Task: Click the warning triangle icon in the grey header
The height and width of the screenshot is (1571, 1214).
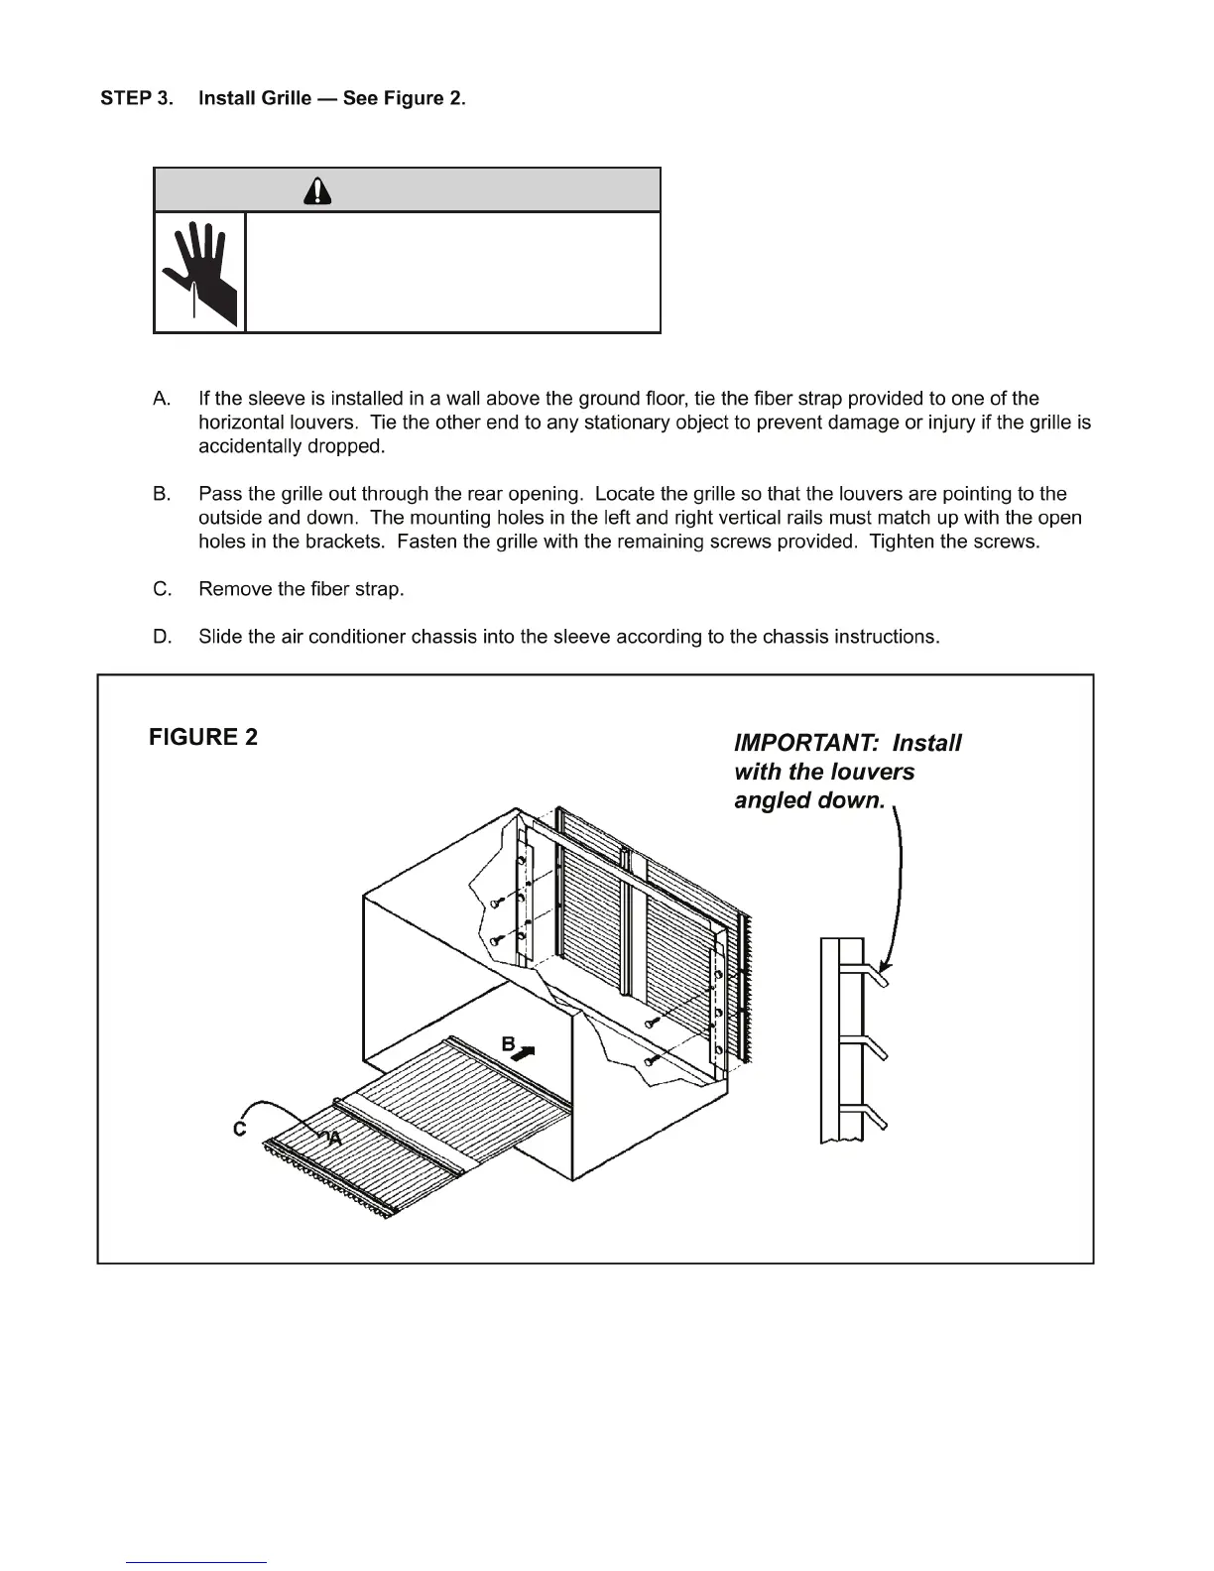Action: click(317, 189)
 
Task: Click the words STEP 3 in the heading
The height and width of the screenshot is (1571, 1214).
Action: click(136, 98)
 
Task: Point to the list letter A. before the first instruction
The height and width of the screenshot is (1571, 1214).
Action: click(163, 399)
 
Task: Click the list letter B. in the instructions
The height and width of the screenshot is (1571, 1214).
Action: click(163, 494)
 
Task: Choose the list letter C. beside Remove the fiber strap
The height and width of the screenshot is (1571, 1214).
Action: click(163, 589)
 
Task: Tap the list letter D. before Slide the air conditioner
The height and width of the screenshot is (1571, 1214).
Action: click(163, 637)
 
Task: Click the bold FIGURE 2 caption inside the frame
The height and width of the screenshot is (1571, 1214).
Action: click(203, 737)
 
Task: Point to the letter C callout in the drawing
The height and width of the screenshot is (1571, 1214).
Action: click(239, 1129)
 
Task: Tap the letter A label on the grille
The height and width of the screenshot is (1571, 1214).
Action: click(334, 1140)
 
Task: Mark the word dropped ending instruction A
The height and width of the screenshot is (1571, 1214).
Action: click(349, 446)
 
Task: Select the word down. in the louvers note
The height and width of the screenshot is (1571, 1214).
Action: click(851, 800)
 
